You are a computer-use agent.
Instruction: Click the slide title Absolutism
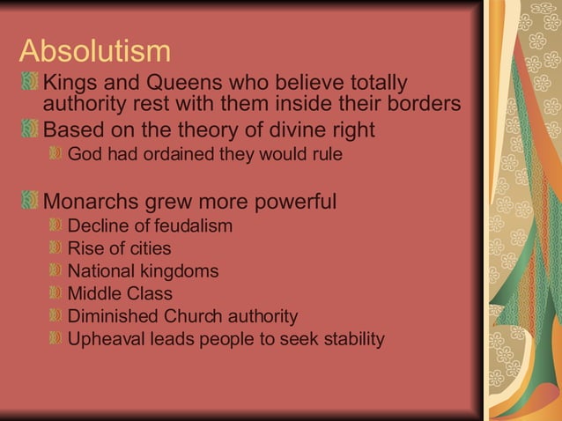pyautogui.click(x=94, y=50)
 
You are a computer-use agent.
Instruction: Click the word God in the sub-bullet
pyautogui.click(x=85, y=154)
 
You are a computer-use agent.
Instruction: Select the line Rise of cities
pyautogui.click(x=119, y=248)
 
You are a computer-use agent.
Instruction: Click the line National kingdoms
pyautogui.click(x=143, y=271)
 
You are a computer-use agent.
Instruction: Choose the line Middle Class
pyautogui.click(x=120, y=293)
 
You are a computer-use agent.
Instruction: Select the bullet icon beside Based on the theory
pyautogui.click(x=29, y=129)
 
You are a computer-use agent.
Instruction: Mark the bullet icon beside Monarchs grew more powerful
pyautogui.click(x=29, y=201)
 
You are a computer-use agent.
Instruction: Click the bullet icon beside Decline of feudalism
pyautogui.click(x=55, y=225)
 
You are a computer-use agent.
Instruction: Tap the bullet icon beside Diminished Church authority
pyautogui.click(x=55, y=316)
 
